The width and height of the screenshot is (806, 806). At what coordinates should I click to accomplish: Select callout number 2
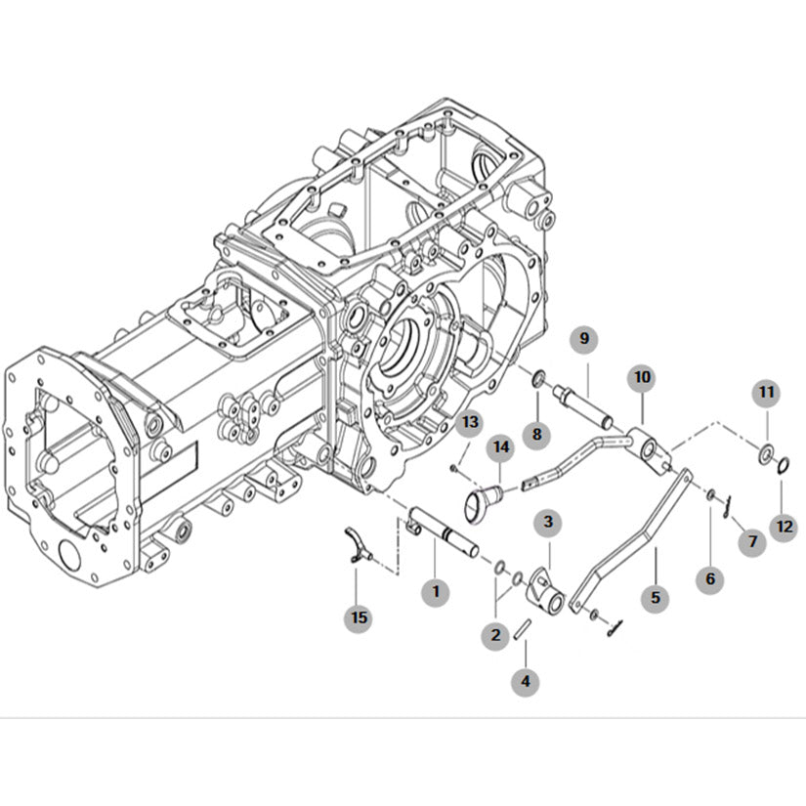(496, 634)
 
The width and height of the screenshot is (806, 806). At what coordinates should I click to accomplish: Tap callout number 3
(548, 522)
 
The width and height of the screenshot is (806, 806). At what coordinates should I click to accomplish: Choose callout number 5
(656, 595)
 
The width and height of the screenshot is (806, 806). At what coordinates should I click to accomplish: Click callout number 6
(710, 578)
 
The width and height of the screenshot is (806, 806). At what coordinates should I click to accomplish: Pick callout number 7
(752, 540)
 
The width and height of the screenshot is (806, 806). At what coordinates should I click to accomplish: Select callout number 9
(585, 338)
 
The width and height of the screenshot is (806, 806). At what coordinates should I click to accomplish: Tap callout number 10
(641, 376)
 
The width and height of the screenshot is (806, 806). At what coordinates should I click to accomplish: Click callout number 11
(767, 393)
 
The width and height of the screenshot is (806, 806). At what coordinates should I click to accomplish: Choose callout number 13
(471, 422)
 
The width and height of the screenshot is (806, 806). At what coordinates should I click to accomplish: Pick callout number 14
(502, 446)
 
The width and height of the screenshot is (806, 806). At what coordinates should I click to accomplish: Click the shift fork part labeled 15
(357, 546)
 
